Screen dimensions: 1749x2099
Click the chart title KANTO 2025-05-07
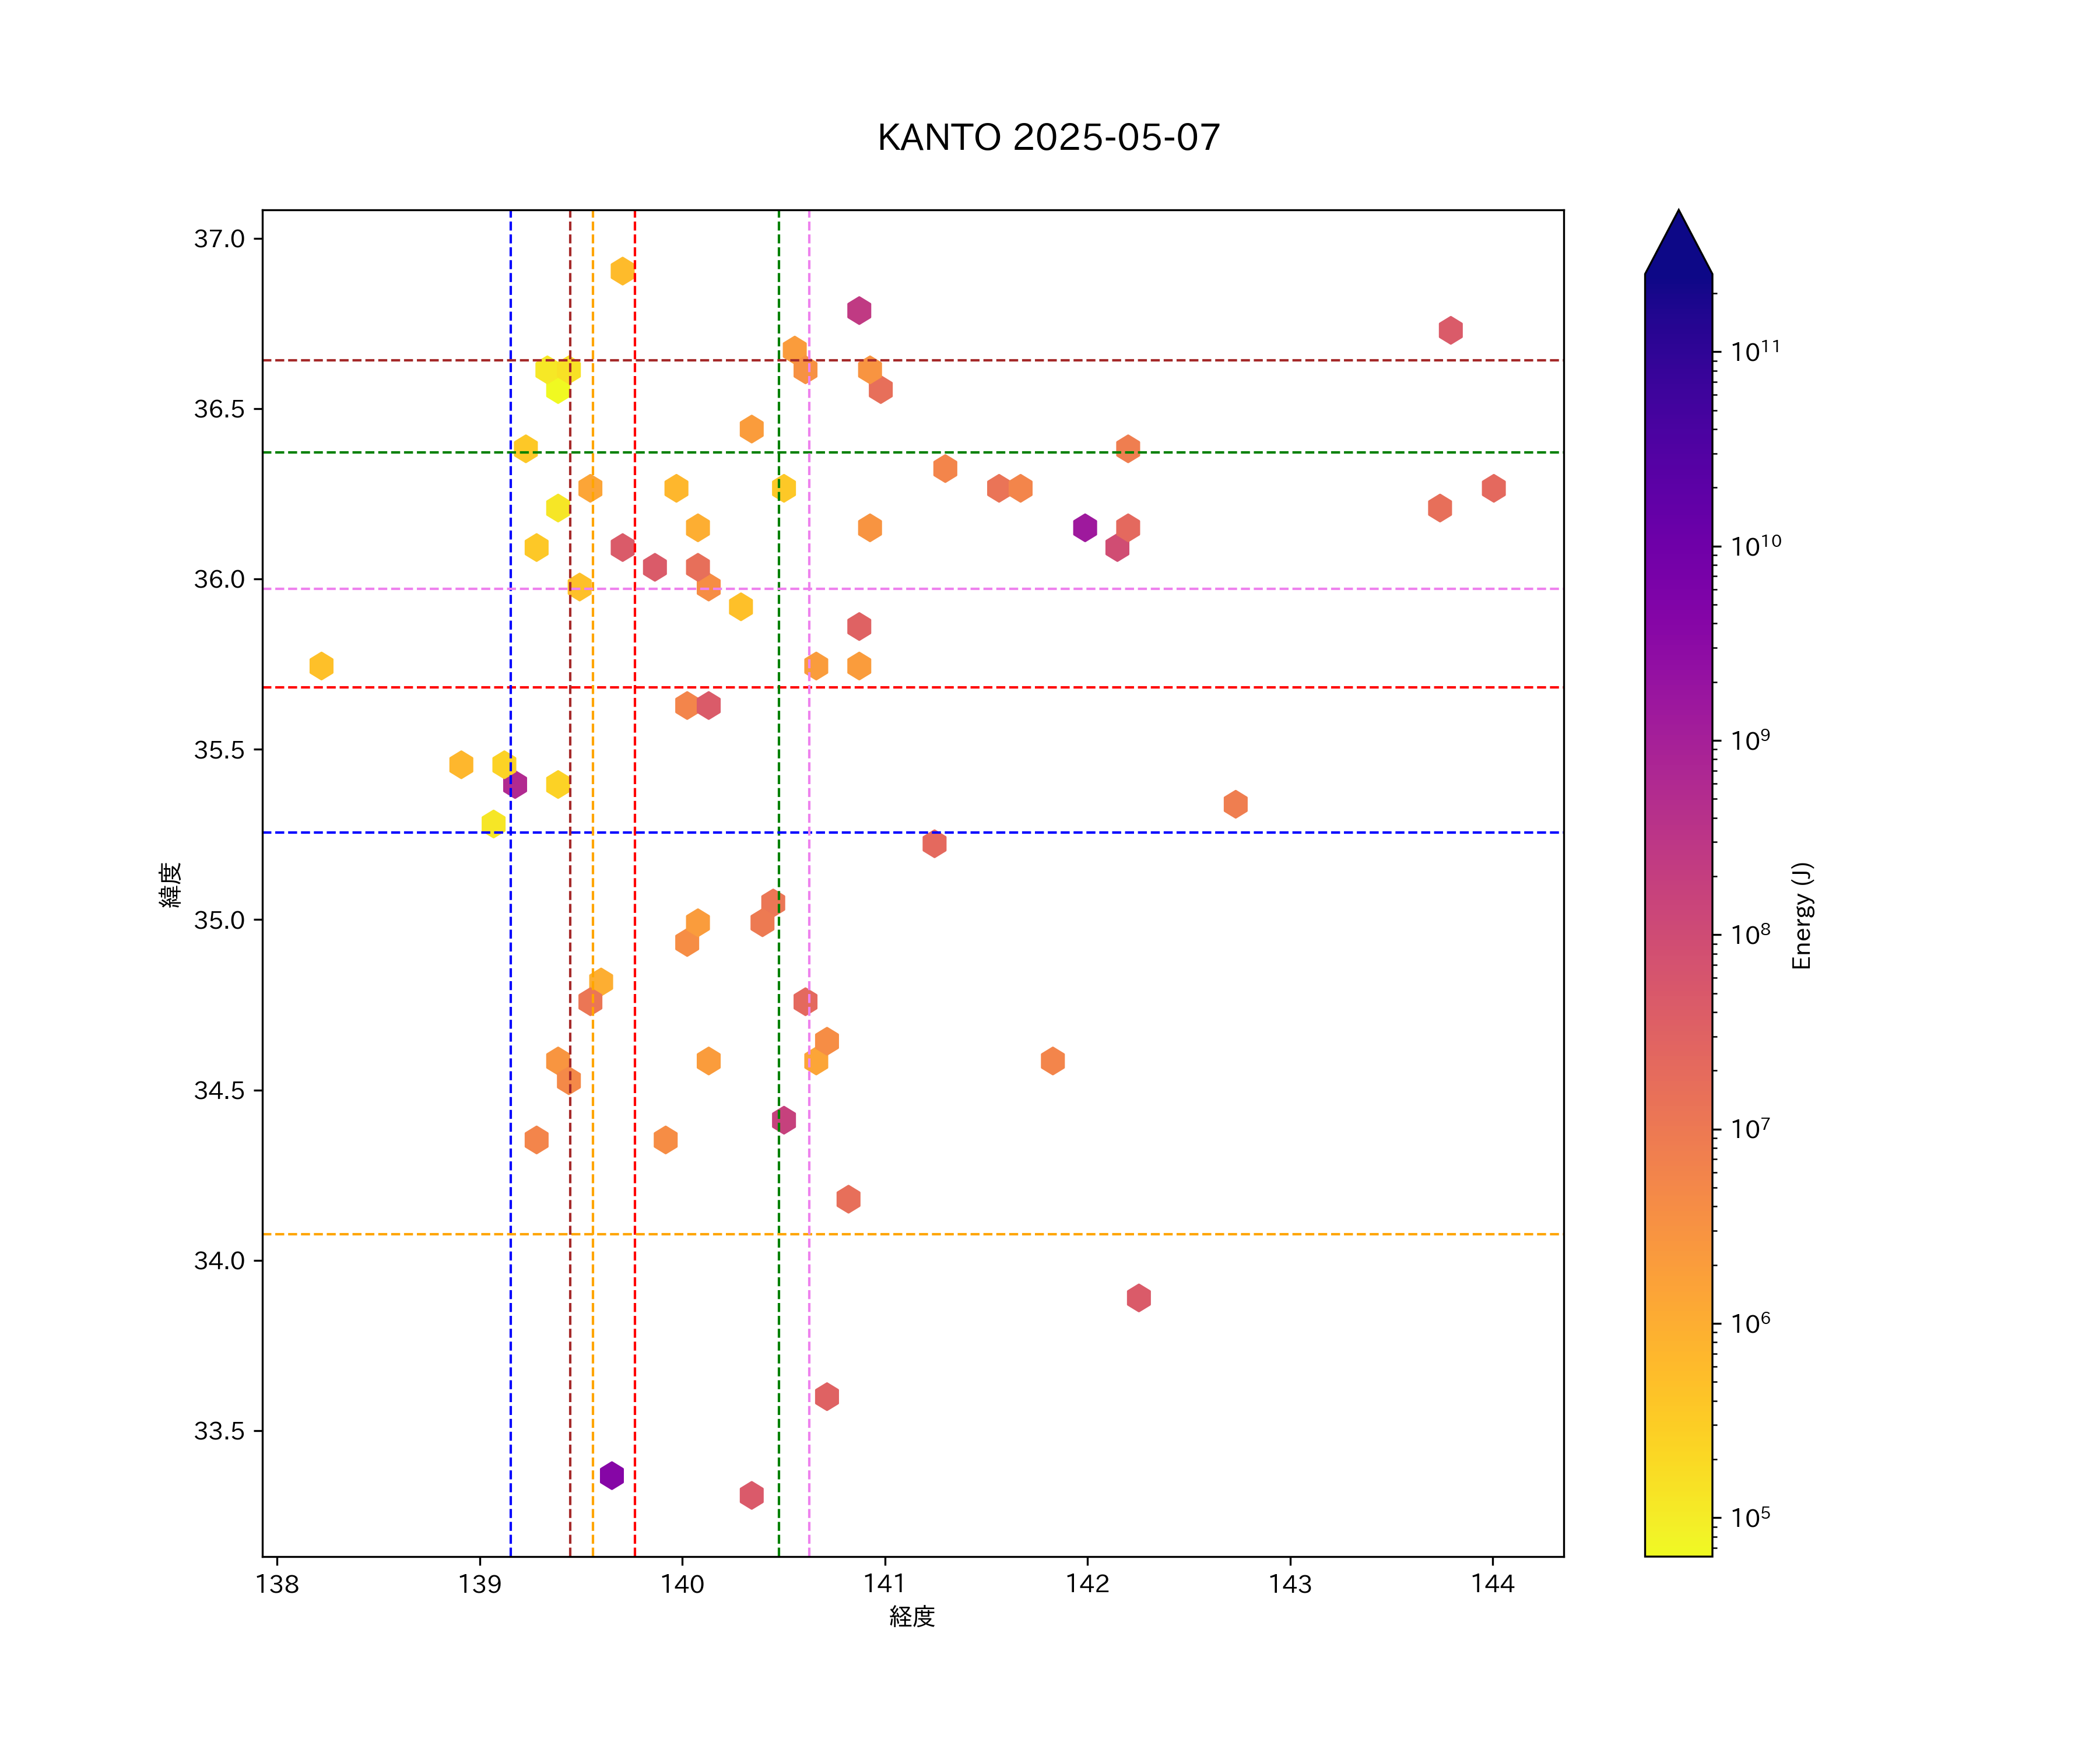click(1048, 138)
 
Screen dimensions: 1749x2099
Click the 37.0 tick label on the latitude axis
click(219, 239)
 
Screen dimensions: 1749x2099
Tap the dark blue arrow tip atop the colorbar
click(1678, 235)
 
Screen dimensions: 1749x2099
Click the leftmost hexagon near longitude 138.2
click(321, 666)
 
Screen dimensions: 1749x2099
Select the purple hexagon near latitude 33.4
click(612, 1475)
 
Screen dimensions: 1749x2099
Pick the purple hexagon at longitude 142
click(1084, 528)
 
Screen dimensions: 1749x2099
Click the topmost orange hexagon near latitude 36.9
click(622, 271)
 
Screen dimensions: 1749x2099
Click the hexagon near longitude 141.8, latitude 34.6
click(1052, 1060)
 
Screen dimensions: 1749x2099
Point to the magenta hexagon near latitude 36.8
click(859, 311)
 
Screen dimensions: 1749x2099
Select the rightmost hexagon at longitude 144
click(1493, 489)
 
